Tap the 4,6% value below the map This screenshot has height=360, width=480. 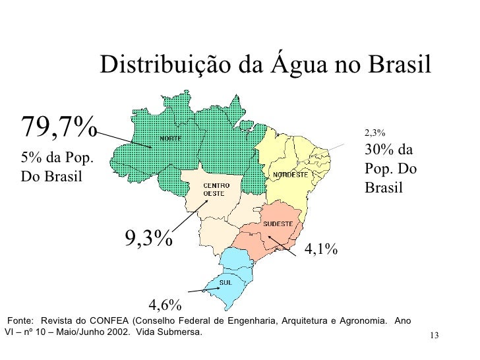coord(165,305)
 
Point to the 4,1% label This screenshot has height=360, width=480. coord(321,249)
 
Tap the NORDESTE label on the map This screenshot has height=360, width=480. coord(291,175)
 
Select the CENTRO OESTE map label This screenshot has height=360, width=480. coord(215,189)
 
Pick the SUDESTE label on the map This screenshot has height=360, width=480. coord(278,224)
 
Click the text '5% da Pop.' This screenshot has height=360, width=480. coord(57,158)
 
